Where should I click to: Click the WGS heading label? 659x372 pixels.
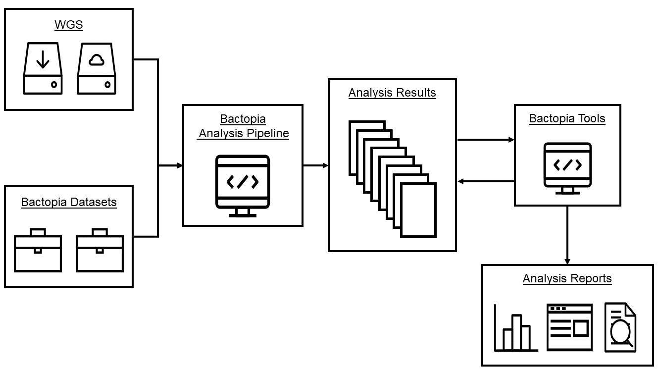pyautogui.click(x=69, y=25)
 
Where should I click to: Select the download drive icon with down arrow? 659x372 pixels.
pyautogui.click(x=43, y=68)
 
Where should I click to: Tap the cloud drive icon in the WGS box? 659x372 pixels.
pyautogui.click(x=97, y=68)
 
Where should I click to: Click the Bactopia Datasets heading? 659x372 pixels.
pyautogui.click(x=69, y=202)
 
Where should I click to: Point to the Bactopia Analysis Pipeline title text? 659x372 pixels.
pyautogui.click(x=243, y=126)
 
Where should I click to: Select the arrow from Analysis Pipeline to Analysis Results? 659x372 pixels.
pyautogui.click(x=315, y=165)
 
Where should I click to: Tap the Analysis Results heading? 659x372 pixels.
pyautogui.click(x=392, y=93)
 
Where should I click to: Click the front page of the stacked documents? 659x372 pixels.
pyautogui.click(x=418, y=210)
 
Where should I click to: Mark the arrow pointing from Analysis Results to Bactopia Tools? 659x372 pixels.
pyautogui.click(x=485, y=140)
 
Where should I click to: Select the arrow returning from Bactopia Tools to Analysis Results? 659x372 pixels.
pyautogui.click(x=485, y=182)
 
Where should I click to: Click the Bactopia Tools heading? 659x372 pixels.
pyautogui.click(x=567, y=118)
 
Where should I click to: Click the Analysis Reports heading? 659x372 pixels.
pyautogui.click(x=567, y=278)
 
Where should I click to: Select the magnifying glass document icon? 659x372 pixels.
pyautogui.click(x=620, y=328)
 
